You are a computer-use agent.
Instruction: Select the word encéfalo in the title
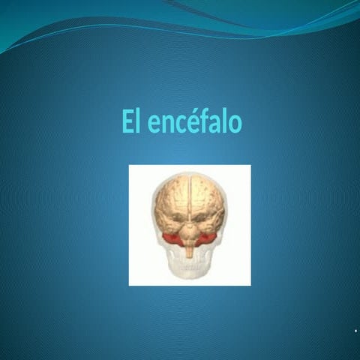195,123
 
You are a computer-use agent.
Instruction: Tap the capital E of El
128,122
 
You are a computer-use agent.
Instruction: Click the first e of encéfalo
153,124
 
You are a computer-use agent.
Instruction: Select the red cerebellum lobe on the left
172,239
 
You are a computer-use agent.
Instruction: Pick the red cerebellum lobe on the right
208,238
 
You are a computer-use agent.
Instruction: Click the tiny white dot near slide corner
355,331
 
